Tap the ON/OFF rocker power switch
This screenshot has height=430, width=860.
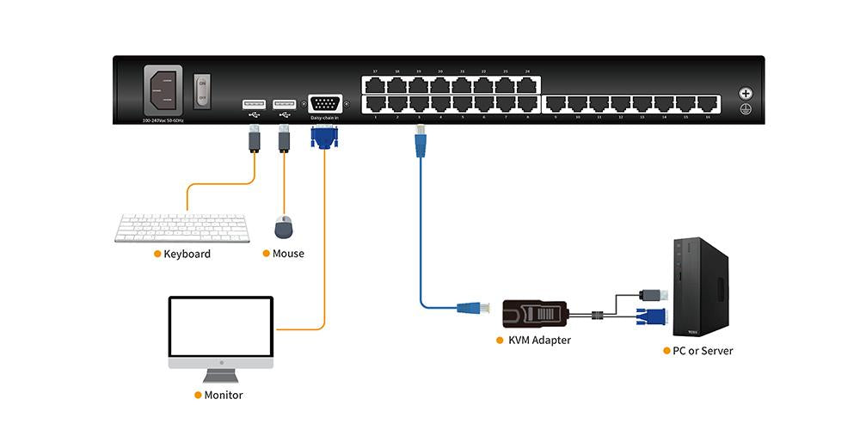click(x=202, y=90)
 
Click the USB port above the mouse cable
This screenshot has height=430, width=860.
click(x=284, y=104)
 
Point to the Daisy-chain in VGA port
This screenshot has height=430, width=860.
click(x=324, y=102)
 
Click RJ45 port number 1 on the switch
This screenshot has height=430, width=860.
click(x=376, y=103)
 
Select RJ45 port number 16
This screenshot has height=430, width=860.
click(x=708, y=104)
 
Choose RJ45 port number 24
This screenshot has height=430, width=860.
click(x=527, y=85)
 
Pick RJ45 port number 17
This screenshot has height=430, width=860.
click(x=376, y=85)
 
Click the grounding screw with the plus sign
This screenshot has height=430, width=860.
click(x=745, y=94)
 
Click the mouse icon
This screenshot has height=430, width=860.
click(x=284, y=228)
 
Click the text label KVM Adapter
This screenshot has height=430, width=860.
click(x=539, y=341)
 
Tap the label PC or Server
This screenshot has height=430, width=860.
click(x=703, y=351)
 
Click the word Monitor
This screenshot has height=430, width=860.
click(x=223, y=396)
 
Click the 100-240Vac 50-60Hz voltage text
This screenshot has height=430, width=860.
click(x=163, y=120)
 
